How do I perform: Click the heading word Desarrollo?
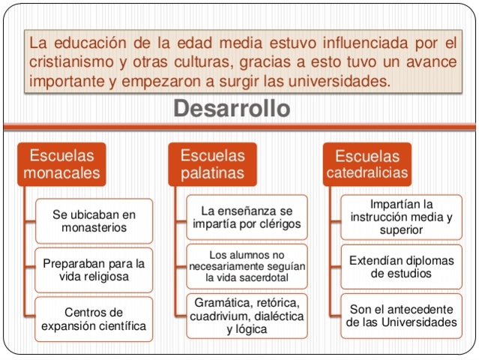coord(231,109)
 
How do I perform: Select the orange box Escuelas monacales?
coord(62,165)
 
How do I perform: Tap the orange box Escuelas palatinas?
coord(213,165)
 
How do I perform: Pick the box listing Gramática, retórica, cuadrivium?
coord(246,315)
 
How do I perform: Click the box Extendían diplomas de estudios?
coord(401,266)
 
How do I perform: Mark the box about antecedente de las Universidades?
coord(401,316)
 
